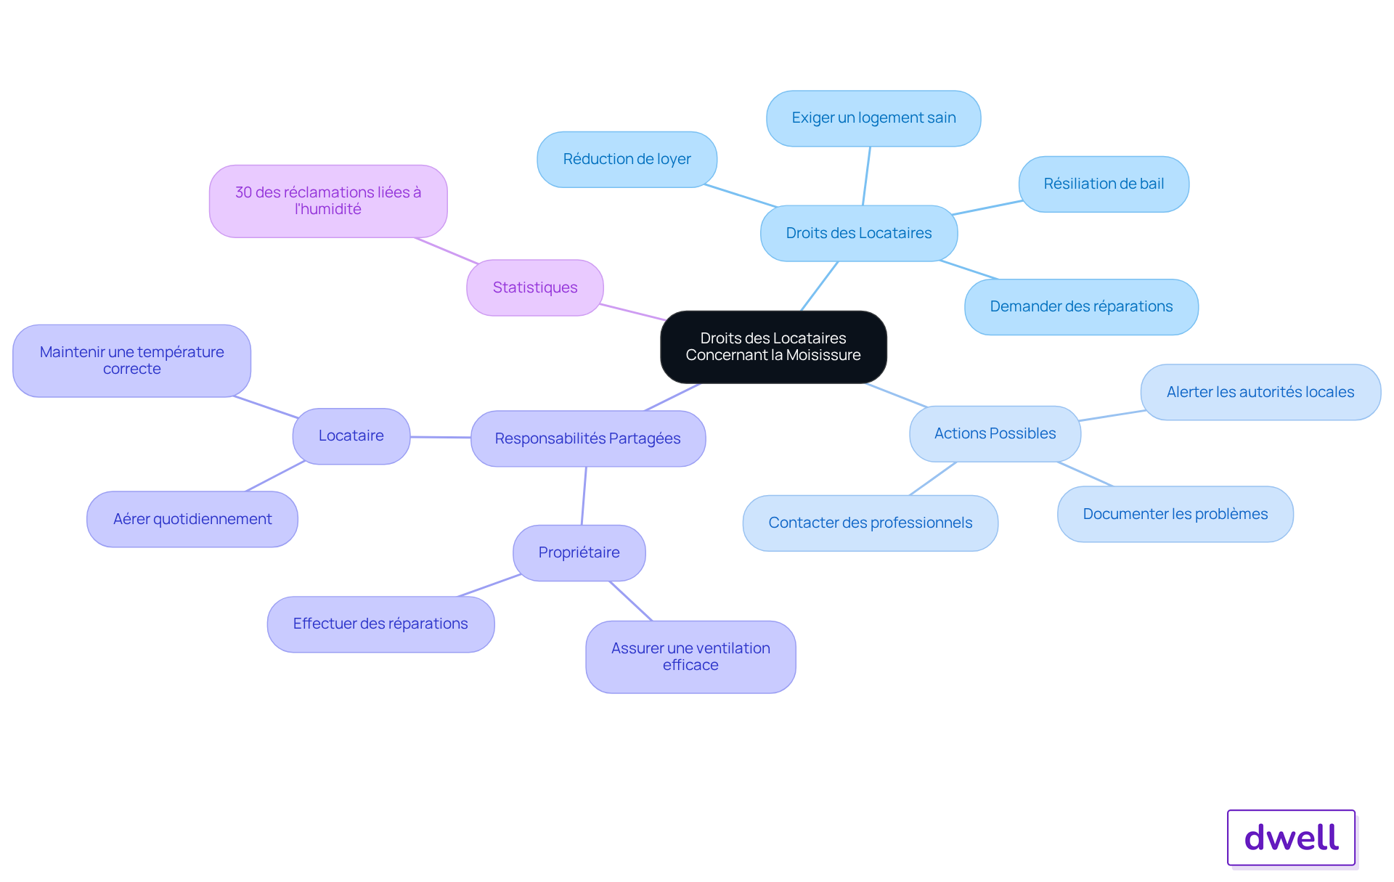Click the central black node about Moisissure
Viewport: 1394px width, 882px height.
pyautogui.click(x=773, y=347)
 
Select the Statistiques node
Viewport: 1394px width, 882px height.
pyautogui.click(x=535, y=287)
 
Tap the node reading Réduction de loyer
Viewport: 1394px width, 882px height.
pyautogui.click(x=627, y=159)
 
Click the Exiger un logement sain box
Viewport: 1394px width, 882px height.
pyautogui.click(x=873, y=118)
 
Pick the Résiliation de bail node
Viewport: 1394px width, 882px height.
pyautogui.click(x=1104, y=184)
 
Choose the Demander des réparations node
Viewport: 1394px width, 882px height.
pyautogui.click(x=1081, y=306)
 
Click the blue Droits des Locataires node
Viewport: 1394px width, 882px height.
pyautogui.click(x=859, y=233)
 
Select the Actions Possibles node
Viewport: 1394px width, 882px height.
pyautogui.click(x=995, y=433)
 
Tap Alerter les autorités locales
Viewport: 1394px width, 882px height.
pyautogui.click(x=1260, y=392)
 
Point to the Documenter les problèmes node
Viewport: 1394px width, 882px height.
pyautogui.click(x=1175, y=514)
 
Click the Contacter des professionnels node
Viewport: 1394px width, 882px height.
pyautogui.click(x=870, y=523)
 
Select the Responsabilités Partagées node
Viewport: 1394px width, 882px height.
pyautogui.click(x=587, y=438)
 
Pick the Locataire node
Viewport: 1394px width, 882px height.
pyautogui.click(x=351, y=436)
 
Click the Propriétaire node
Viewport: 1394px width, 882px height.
pyautogui.click(x=579, y=552)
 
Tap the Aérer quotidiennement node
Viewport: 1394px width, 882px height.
pyautogui.click(x=192, y=519)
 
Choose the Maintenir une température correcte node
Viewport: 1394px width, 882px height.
pyautogui.click(x=131, y=361)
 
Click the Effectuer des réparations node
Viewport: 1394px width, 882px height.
pyautogui.click(x=380, y=624)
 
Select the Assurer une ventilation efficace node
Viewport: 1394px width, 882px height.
pyautogui.click(x=690, y=656)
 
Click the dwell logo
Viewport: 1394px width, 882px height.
pyautogui.click(x=1291, y=837)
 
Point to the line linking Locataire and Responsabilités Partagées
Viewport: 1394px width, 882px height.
pyautogui.click(x=441, y=437)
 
